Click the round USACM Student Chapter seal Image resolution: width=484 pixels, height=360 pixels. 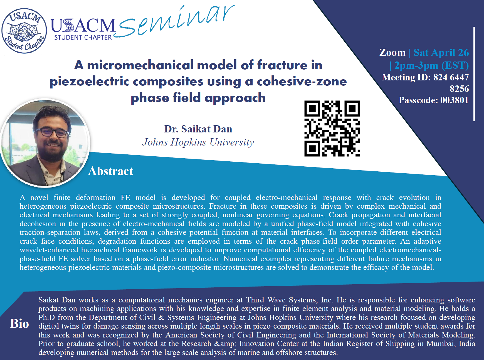pyautogui.click(x=24, y=31)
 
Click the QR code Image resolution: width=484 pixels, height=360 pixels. pyautogui.click(x=332, y=129)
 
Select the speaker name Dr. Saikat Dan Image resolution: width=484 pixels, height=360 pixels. pyautogui.click(x=198, y=129)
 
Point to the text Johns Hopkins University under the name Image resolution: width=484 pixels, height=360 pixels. pyautogui.click(x=198, y=142)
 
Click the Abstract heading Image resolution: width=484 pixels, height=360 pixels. pyautogui.click(x=111, y=171)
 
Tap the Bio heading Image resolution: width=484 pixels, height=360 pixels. pyautogui.click(x=19, y=324)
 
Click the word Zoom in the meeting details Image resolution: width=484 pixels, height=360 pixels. pyautogui.click(x=392, y=52)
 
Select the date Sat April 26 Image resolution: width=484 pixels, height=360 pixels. pyautogui.click(x=441, y=52)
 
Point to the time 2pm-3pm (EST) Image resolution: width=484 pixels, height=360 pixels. pyautogui.click(x=431, y=65)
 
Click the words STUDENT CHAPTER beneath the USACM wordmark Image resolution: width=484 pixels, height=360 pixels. pyautogui.click(x=83, y=37)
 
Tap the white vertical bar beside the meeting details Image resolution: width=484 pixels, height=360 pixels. pyautogui.click(x=474, y=74)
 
